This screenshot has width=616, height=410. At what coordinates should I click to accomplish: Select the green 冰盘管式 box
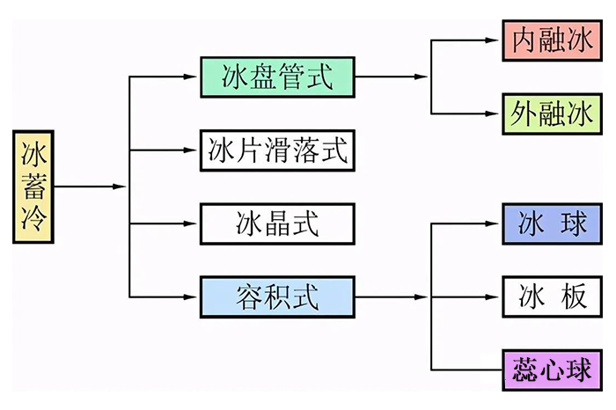[x=276, y=77]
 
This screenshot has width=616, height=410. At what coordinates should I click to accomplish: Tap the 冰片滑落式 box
[x=276, y=150]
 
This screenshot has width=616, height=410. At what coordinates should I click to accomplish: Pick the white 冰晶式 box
[x=276, y=223]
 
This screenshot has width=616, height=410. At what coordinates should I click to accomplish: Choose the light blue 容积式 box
[x=276, y=297]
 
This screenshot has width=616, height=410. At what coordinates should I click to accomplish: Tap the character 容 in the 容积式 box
[x=246, y=297]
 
